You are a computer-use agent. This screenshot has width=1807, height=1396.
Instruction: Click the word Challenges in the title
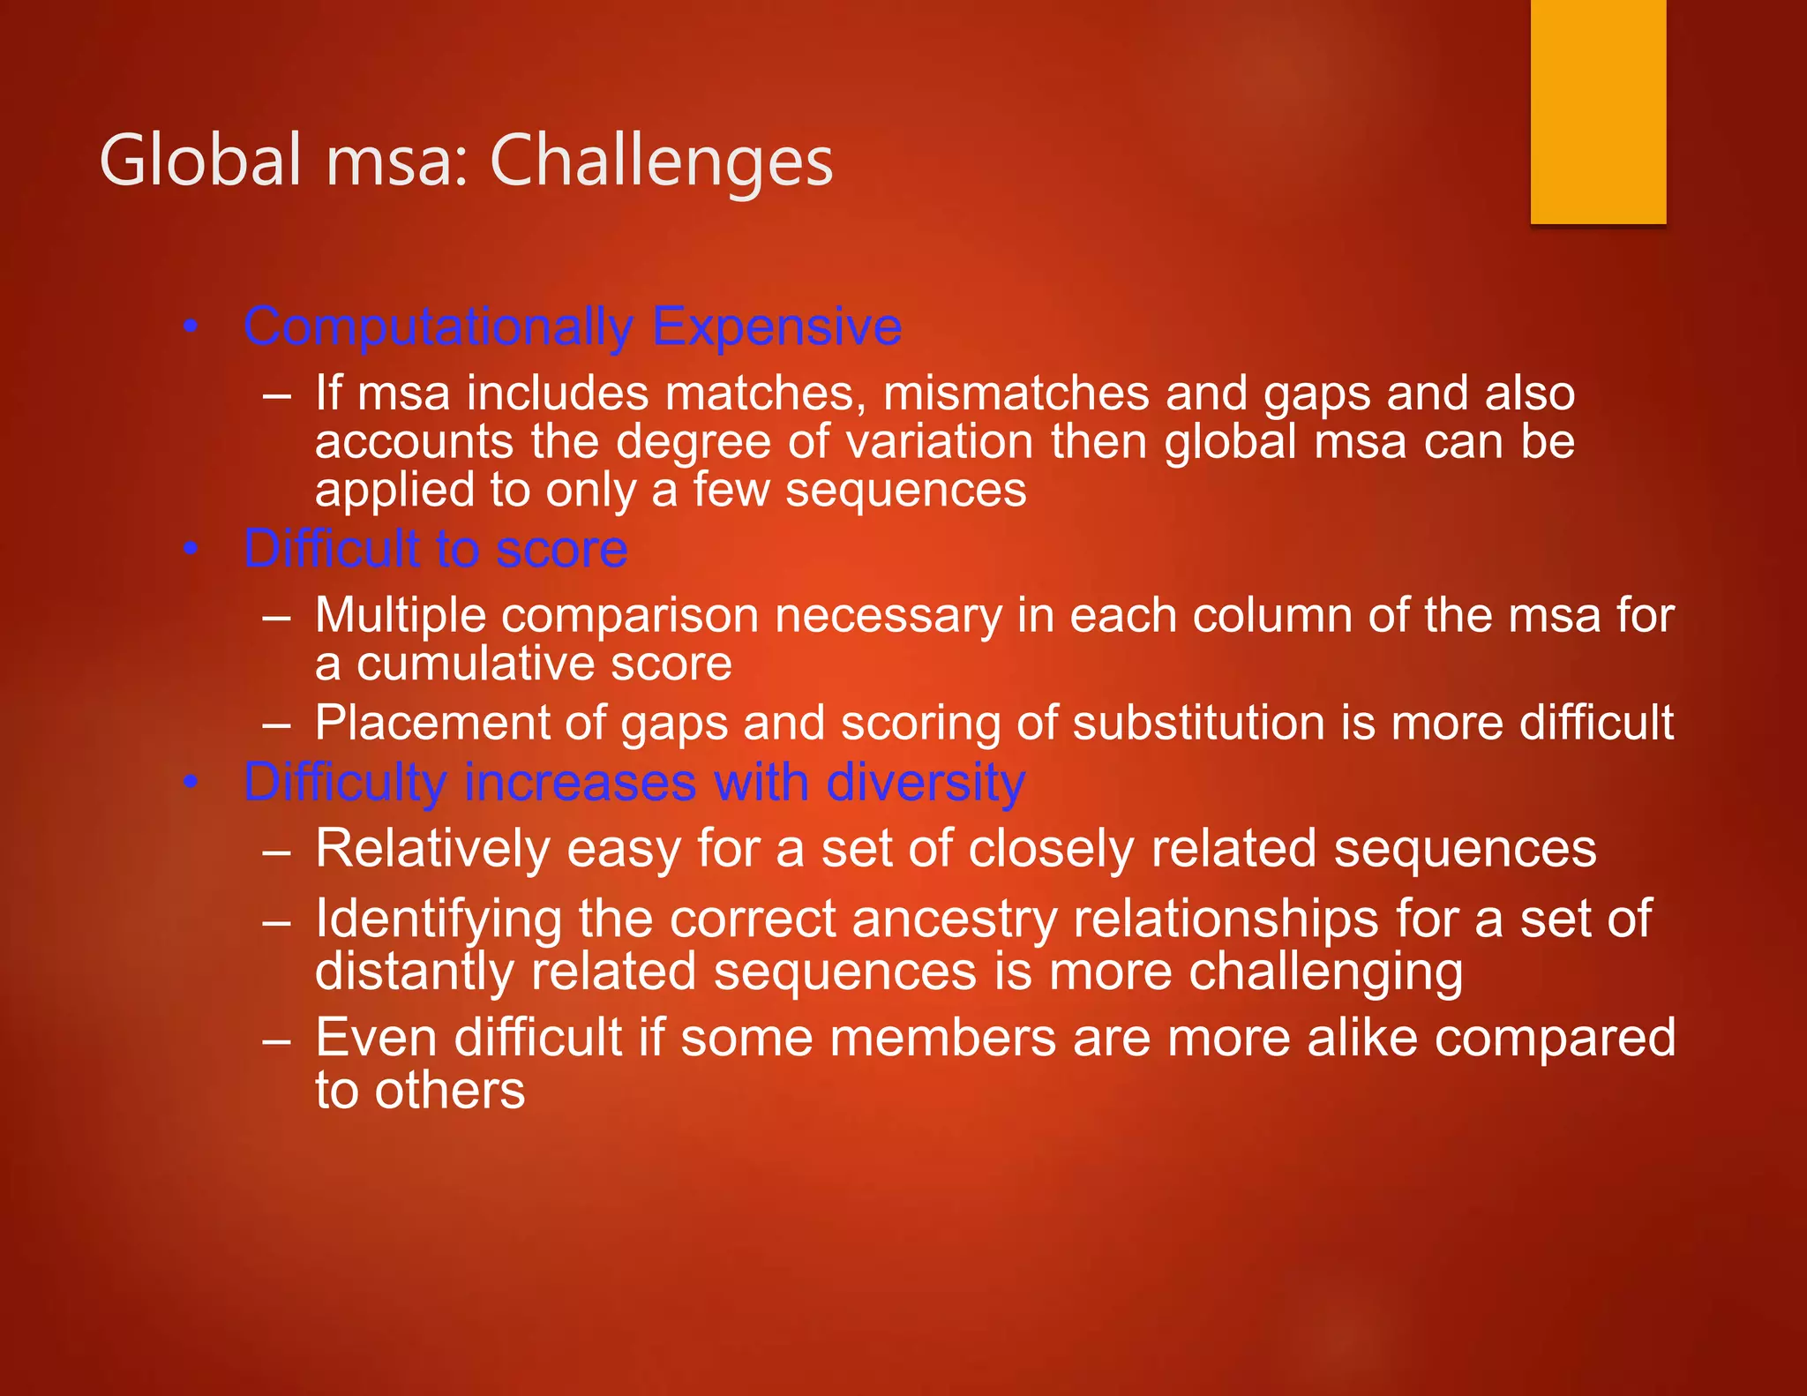point(661,161)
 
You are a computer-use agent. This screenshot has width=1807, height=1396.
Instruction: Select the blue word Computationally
point(438,327)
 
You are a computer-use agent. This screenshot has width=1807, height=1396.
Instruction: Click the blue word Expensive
point(776,327)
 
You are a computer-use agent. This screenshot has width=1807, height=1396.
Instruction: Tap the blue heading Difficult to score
point(436,549)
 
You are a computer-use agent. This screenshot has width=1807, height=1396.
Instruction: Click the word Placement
point(432,724)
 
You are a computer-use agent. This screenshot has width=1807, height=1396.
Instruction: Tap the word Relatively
point(432,849)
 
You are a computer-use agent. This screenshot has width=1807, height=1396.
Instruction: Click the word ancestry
point(955,919)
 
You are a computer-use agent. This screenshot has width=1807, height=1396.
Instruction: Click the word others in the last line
point(449,1091)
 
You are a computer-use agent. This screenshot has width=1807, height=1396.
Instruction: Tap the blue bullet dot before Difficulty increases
point(190,783)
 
